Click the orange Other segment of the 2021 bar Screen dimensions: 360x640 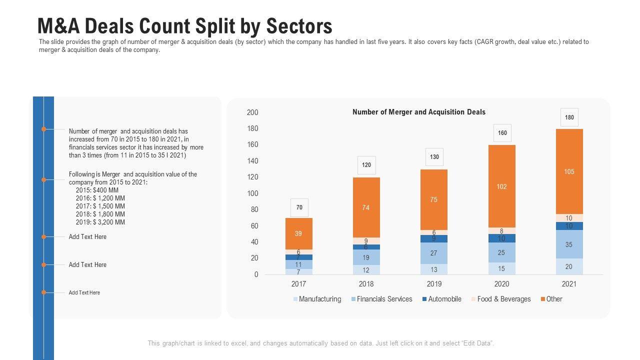point(569,171)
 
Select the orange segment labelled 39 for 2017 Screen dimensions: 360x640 point(298,233)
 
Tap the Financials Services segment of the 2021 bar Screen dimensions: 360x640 point(569,244)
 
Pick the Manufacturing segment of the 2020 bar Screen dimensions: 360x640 point(501,268)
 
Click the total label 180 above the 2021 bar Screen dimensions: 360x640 point(569,117)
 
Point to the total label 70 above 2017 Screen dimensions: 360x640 point(299,207)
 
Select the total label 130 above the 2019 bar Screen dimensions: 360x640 point(434,157)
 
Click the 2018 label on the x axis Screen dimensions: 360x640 point(366,284)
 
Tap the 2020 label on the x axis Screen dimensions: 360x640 point(501,284)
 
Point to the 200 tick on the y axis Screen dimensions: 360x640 point(252,112)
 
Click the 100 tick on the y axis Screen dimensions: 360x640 point(252,193)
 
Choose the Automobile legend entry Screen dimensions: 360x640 point(441,299)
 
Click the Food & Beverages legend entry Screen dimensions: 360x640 point(500,299)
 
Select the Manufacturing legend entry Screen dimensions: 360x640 point(317,299)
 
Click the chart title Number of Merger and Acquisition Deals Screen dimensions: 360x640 point(419,112)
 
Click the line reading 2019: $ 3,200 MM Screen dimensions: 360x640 point(100,222)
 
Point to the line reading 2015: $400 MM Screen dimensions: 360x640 point(97,190)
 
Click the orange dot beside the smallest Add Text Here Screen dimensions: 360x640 point(44,292)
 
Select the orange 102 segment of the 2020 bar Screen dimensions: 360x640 point(501,186)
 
